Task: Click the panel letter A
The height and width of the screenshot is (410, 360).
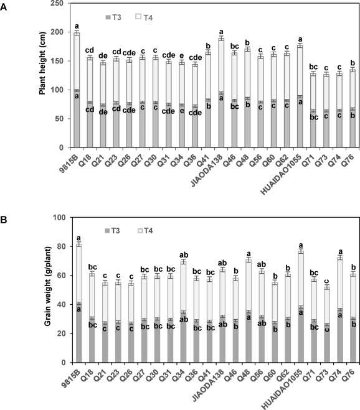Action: pyautogui.click(x=3, y=7)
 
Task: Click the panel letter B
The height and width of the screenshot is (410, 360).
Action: pyautogui.click(x=3, y=220)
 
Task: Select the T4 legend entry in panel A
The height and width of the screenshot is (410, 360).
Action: pyautogui.click(x=144, y=17)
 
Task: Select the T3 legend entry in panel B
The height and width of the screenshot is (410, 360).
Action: pyautogui.click(x=113, y=231)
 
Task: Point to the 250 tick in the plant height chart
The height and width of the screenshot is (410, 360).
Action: pyautogui.click(x=58, y=3)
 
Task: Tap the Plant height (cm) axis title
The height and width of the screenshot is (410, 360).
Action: pyautogui.click(x=42, y=63)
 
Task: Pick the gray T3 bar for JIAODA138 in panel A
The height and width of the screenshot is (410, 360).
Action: pyautogui.click(x=221, y=120)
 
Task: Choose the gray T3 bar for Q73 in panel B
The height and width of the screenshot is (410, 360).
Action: pyautogui.click(x=327, y=343)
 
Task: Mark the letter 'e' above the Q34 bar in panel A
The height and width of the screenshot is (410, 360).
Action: pyautogui.click(x=182, y=56)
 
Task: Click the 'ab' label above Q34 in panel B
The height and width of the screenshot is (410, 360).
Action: pyautogui.click(x=184, y=255)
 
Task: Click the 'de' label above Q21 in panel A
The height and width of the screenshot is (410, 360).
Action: pyautogui.click(x=103, y=56)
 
